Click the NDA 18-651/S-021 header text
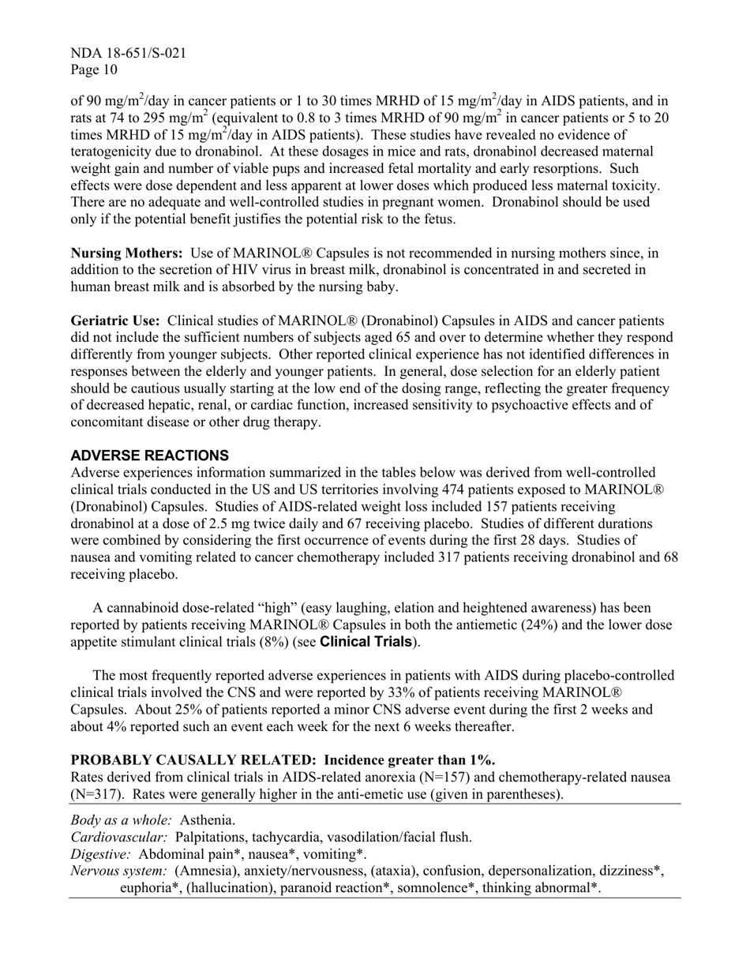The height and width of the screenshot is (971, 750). [x=129, y=54]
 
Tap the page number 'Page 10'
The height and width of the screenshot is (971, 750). [x=94, y=70]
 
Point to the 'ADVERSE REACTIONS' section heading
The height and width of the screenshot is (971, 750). [x=150, y=456]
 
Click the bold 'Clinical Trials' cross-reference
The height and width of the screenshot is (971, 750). [x=366, y=642]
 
